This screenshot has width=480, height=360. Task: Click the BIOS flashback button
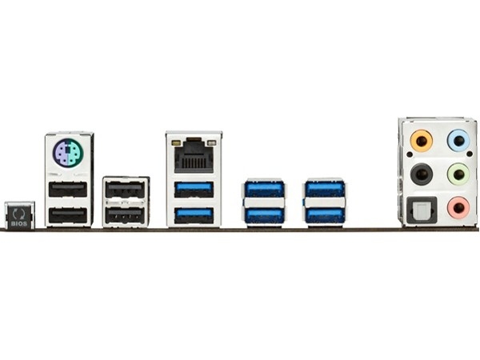click(x=19, y=215)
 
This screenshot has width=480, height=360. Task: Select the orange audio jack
click(x=422, y=141)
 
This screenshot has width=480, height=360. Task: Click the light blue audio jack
click(x=458, y=141)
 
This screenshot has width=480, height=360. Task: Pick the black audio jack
click(x=422, y=174)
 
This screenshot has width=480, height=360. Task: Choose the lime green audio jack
click(x=458, y=174)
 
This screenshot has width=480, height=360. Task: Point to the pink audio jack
click(x=458, y=208)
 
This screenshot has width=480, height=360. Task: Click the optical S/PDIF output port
click(x=422, y=210)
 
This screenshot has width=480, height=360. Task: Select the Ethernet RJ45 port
click(x=194, y=155)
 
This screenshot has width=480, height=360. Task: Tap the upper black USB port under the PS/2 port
click(x=68, y=190)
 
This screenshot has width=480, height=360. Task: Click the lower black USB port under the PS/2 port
click(x=68, y=215)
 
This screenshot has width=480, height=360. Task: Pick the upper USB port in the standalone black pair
click(x=125, y=190)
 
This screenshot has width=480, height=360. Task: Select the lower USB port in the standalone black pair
click(x=125, y=215)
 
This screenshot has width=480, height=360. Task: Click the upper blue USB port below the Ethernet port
click(x=194, y=190)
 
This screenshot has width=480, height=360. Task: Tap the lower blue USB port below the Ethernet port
click(x=194, y=215)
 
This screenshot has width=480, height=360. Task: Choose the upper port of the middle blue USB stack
click(x=264, y=189)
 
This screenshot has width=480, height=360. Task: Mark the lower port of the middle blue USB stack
click(x=264, y=215)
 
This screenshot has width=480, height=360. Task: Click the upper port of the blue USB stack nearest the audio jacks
click(x=325, y=189)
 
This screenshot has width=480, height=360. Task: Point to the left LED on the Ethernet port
click(x=176, y=143)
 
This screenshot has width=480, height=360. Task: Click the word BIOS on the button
click(x=19, y=223)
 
